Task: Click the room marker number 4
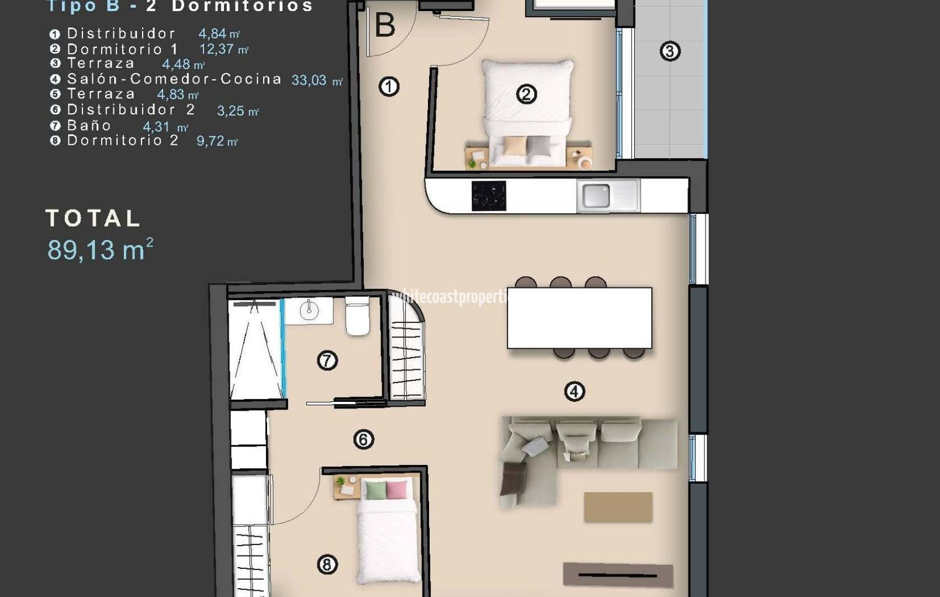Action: pyautogui.click(x=574, y=391)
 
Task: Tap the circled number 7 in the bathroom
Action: pyautogui.click(x=327, y=360)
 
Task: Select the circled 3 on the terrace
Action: pyautogui.click(x=670, y=51)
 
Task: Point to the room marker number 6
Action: pyautogui.click(x=363, y=439)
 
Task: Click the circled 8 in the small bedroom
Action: pyautogui.click(x=327, y=564)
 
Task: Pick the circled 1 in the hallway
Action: pyautogui.click(x=389, y=87)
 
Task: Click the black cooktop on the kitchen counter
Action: pyautogui.click(x=489, y=196)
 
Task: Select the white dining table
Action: pyautogui.click(x=579, y=318)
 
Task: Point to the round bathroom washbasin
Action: pyautogui.click(x=309, y=311)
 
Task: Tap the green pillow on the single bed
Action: pyautogui.click(x=376, y=490)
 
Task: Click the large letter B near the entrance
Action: pyautogui.click(x=385, y=25)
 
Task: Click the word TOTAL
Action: pyautogui.click(x=93, y=218)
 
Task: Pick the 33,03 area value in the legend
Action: pyautogui.click(x=309, y=80)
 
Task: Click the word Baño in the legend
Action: pyautogui.click(x=89, y=125)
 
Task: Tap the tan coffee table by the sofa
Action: pyautogui.click(x=618, y=507)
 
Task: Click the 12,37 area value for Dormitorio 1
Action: pyautogui.click(x=217, y=49)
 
